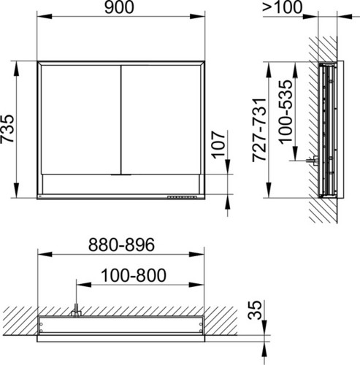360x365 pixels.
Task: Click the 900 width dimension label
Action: (119, 7)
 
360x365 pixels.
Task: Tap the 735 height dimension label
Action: (7, 128)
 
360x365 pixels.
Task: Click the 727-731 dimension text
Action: (259, 130)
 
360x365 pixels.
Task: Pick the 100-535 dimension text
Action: (286, 112)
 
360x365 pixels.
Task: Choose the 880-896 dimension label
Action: (121, 245)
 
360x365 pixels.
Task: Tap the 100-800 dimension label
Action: (134, 275)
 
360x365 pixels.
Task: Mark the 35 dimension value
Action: (255, 310)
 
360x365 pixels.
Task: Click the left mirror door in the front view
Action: (81, 120)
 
